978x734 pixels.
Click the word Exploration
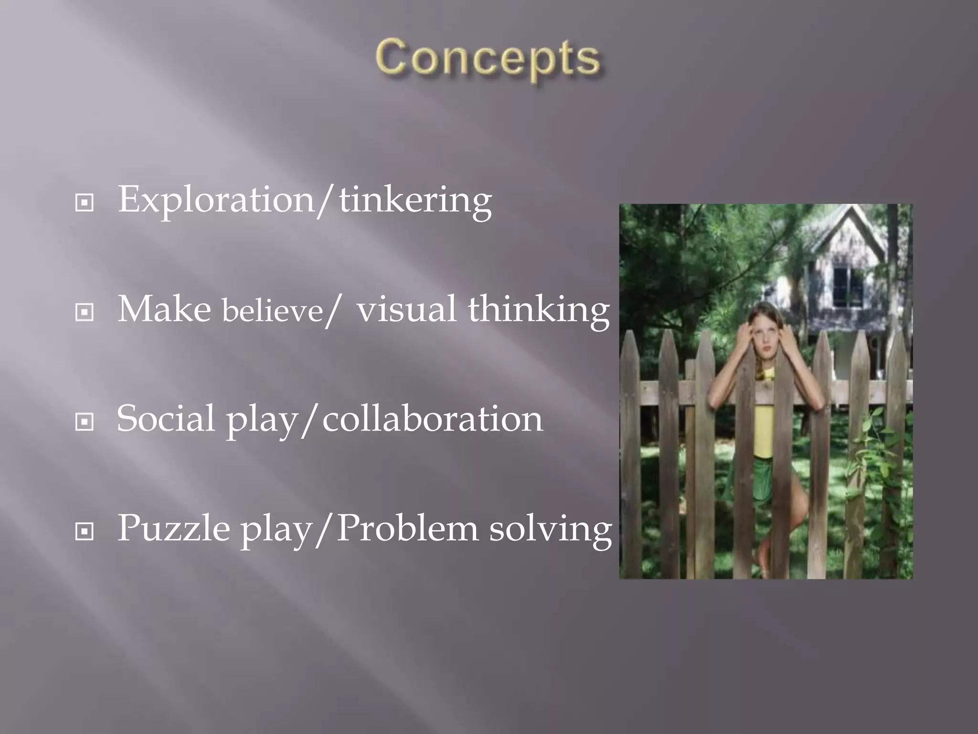pyautogui.click(x=215, y=200)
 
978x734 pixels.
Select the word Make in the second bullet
pyautogui.click(x=164, y=309)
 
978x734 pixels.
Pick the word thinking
pyautogui.click(x=538, y=310)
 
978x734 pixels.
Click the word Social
pyautogui.click(x=165, y=419)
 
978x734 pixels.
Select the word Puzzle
pyautogui.click(x=173, y=529)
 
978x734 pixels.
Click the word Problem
pyautogui.click(x=407, y=529)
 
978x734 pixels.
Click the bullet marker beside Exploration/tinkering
pyautogui.click(x=85, y=203)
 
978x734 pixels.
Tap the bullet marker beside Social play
pyautogui.click(x=85, y=422)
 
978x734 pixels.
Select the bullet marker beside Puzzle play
pyautogui.click(x=85, y=531)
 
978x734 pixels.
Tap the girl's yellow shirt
pyautogui.click(x=763, y=430)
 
